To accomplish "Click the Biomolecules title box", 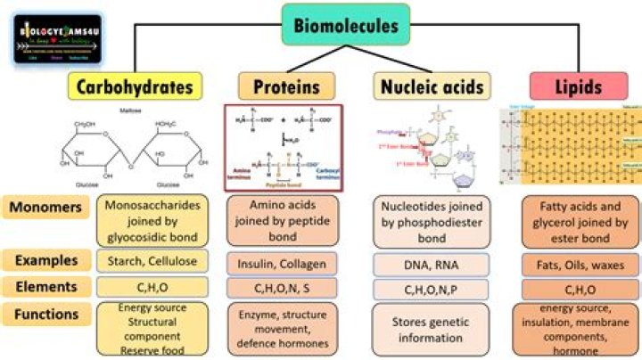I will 347,25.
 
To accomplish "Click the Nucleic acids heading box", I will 430,87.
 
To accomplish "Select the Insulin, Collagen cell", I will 282,264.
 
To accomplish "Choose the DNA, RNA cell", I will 430,265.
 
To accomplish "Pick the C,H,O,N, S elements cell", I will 282,290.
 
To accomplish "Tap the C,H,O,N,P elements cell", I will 430,290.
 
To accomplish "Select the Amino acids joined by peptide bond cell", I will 282,219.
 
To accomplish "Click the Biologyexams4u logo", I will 57,39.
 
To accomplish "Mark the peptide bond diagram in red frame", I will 282,147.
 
